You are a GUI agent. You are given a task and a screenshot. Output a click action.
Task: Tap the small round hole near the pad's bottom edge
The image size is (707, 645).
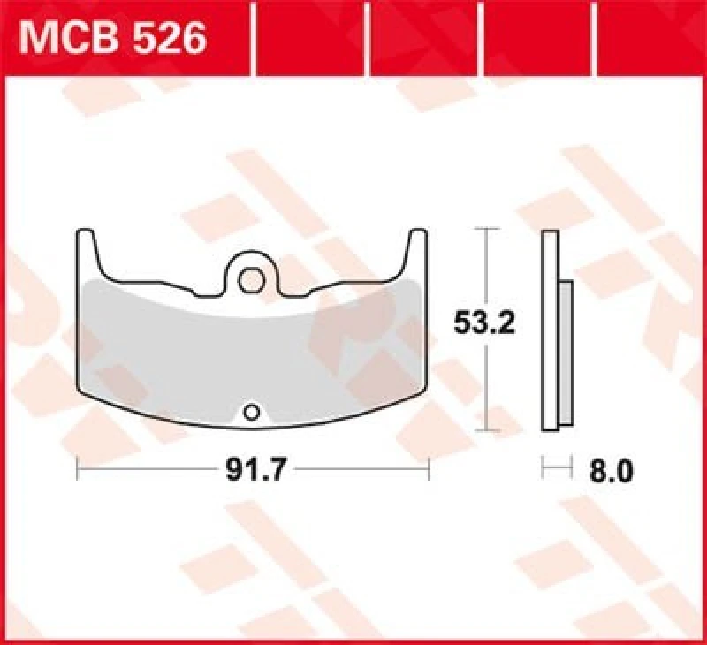252,411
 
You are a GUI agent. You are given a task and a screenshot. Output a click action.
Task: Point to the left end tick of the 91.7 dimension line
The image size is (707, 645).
79,470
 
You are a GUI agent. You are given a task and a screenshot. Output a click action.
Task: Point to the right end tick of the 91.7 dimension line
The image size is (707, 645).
429,470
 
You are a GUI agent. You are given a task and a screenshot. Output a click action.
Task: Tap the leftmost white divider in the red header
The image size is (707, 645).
254,38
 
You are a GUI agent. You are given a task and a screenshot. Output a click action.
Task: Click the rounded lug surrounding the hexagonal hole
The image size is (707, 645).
250,263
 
